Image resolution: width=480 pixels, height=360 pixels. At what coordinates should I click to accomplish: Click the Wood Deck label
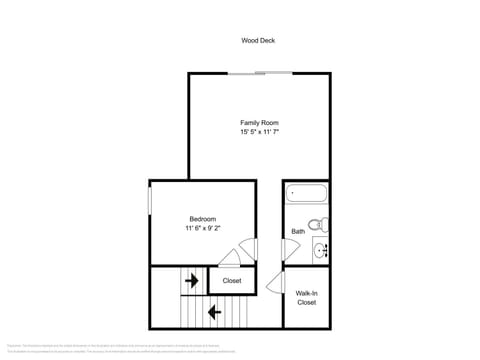click(x=258, y=41)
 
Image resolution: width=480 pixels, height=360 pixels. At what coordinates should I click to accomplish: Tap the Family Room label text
click(x=258, y=122)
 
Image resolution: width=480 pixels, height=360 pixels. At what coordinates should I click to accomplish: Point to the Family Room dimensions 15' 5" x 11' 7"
click(x=258, y=132)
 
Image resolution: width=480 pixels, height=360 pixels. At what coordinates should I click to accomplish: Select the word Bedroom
click(x=203, y=219)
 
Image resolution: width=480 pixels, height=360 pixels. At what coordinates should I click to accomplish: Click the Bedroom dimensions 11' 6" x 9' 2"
click(x=203, y=229)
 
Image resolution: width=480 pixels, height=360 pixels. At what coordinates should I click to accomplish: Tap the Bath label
click(x=298, y=232)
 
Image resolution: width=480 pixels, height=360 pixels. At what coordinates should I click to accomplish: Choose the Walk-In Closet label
click(x=306, y=297)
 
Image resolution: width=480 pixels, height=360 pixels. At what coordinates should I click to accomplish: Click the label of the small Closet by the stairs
click(x=232, y=281)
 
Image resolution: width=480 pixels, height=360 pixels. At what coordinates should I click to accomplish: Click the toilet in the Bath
click(x=317, y=223)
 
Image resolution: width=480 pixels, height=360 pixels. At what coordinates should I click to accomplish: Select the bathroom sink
click(x=320, y=249)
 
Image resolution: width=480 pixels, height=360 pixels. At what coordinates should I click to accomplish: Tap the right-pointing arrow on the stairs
click(x=190, y=281)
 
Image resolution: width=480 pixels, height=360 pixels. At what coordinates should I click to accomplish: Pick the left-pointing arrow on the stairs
click(x=213, y=313)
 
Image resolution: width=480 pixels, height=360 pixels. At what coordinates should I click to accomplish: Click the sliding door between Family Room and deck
click(x=260, y=73)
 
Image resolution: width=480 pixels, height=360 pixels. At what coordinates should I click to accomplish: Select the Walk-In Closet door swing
click(x=275, y=283)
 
